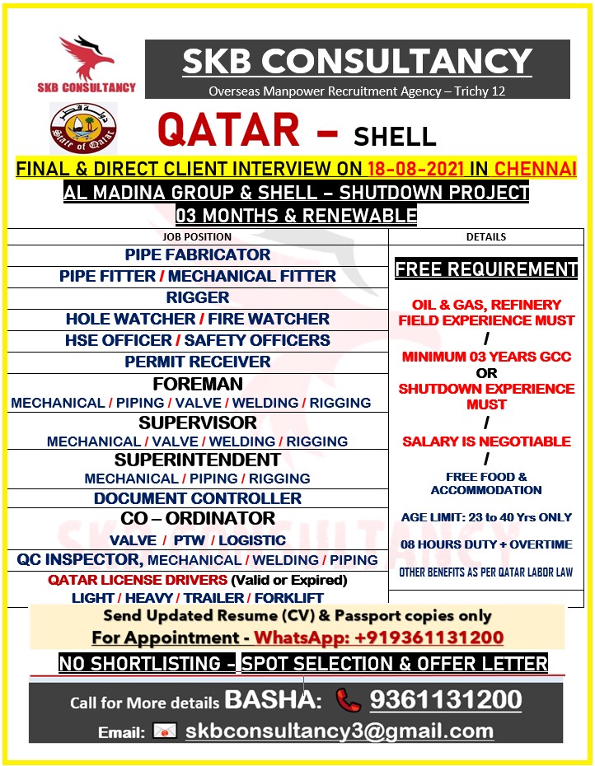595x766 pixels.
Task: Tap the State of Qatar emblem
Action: point(82,128)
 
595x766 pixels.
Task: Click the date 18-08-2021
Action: point(413,170)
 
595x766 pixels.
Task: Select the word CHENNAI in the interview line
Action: point(535,170)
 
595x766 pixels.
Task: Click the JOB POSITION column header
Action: point(197,236)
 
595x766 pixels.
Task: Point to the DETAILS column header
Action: point(486,236)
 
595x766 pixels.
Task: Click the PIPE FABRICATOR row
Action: point(198,255)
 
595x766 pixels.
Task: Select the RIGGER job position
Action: point(198,297)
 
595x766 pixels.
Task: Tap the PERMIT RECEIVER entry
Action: point(198,362)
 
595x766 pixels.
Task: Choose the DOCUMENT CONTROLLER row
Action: point(198,498)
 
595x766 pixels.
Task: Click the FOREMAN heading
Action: point(198,384)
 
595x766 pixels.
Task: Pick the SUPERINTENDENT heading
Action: point(198,460)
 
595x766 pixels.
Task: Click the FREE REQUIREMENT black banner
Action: point(486,269)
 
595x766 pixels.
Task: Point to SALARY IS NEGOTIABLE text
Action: point(486,441)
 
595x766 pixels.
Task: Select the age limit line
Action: point(486,517)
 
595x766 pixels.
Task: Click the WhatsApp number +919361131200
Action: point(378,638)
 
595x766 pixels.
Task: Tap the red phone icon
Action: point(348,700)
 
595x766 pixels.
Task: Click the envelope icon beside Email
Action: point(165,731)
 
